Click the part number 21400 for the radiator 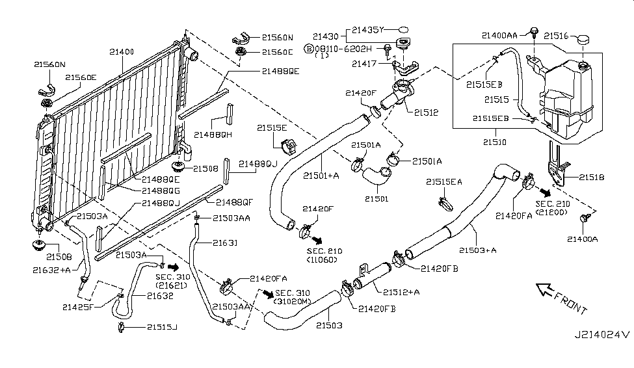(122, 51)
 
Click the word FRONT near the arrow (570, 300)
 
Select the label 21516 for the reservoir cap (557, 35)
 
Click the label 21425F (78, 306)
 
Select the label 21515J (161, 327)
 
